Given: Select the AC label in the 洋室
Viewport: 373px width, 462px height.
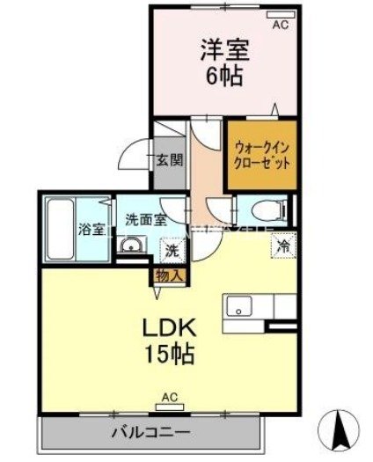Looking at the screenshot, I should pos(279,25).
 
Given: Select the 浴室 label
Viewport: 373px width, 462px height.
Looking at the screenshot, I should pos(91,230).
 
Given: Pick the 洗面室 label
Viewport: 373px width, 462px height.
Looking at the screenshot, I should pos(145,220).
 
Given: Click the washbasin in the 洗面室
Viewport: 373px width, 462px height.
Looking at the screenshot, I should pos(132,246).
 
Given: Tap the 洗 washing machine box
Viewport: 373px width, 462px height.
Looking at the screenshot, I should pos(172,250).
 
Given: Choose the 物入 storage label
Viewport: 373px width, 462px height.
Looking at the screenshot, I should pos(170,275).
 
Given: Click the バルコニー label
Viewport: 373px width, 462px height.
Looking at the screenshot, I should pos(150,433).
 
